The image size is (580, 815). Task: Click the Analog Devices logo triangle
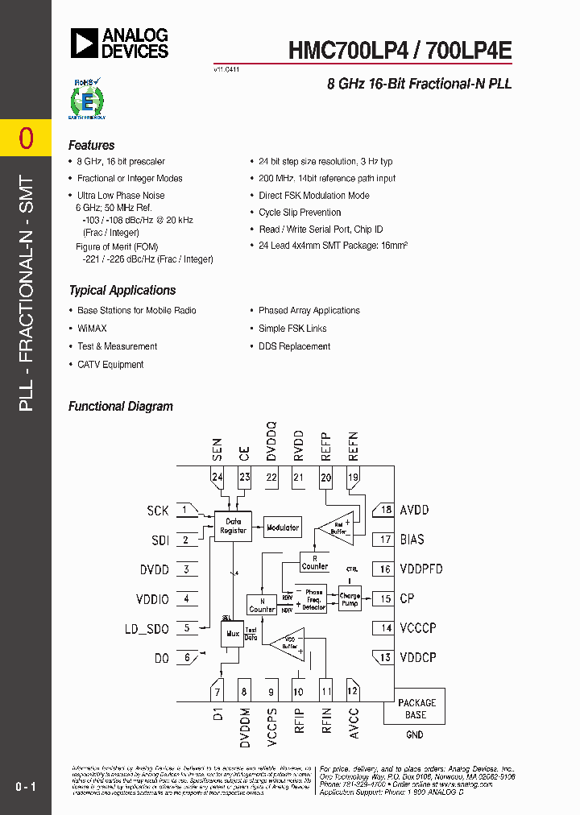pyautogui.click(x=83, y=43)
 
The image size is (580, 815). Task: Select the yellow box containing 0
pyautogui.click(x=26, y=139)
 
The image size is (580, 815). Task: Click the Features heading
pyautogui.click(x=92, y=146)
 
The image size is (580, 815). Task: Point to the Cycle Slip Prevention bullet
pyautogui.click(x=300, y=213)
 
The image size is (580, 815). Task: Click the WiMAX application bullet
pyautogui.click(x=92, y=329)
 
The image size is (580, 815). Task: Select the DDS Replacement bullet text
pyautogui.click(x=294, y=346)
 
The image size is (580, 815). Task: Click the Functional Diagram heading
pyautogui.click(x=121, y=407)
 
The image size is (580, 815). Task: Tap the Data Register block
pyautogui.click(x=233, y=526)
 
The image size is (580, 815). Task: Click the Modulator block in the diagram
pyautogui.click(x=283, y=527)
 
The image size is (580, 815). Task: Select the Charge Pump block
pyautogui.click(x=350, y=599)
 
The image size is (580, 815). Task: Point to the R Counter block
pyautogui.click(x=314, y=562)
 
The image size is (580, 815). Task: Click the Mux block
pyautogui.click(x=233, y=633)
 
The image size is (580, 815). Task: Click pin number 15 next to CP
pyautogui.click(x=385, y=598)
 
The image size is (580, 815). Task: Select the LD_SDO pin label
pyautogui.click(x=148, y=628)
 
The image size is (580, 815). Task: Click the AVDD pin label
pyautogui.click(x=415, y=510)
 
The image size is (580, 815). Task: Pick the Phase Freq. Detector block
pyautogui.click(x=313, y=600)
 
